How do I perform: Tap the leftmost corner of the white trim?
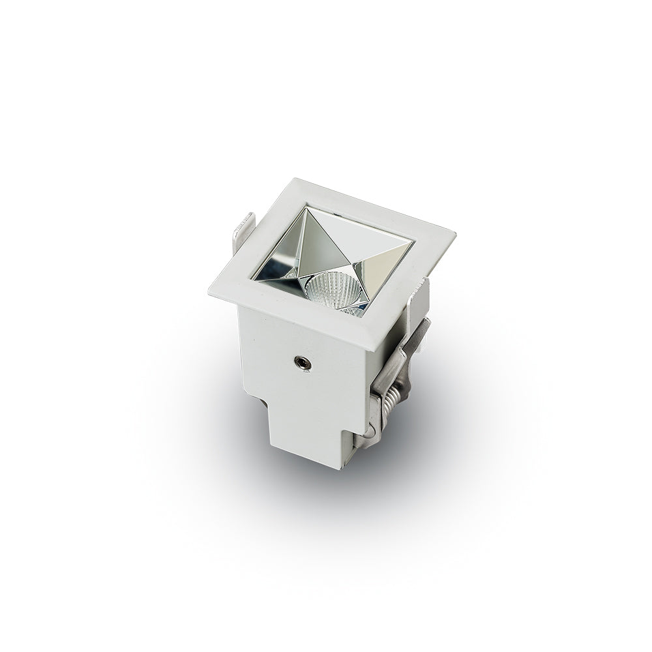pos(209,294)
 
